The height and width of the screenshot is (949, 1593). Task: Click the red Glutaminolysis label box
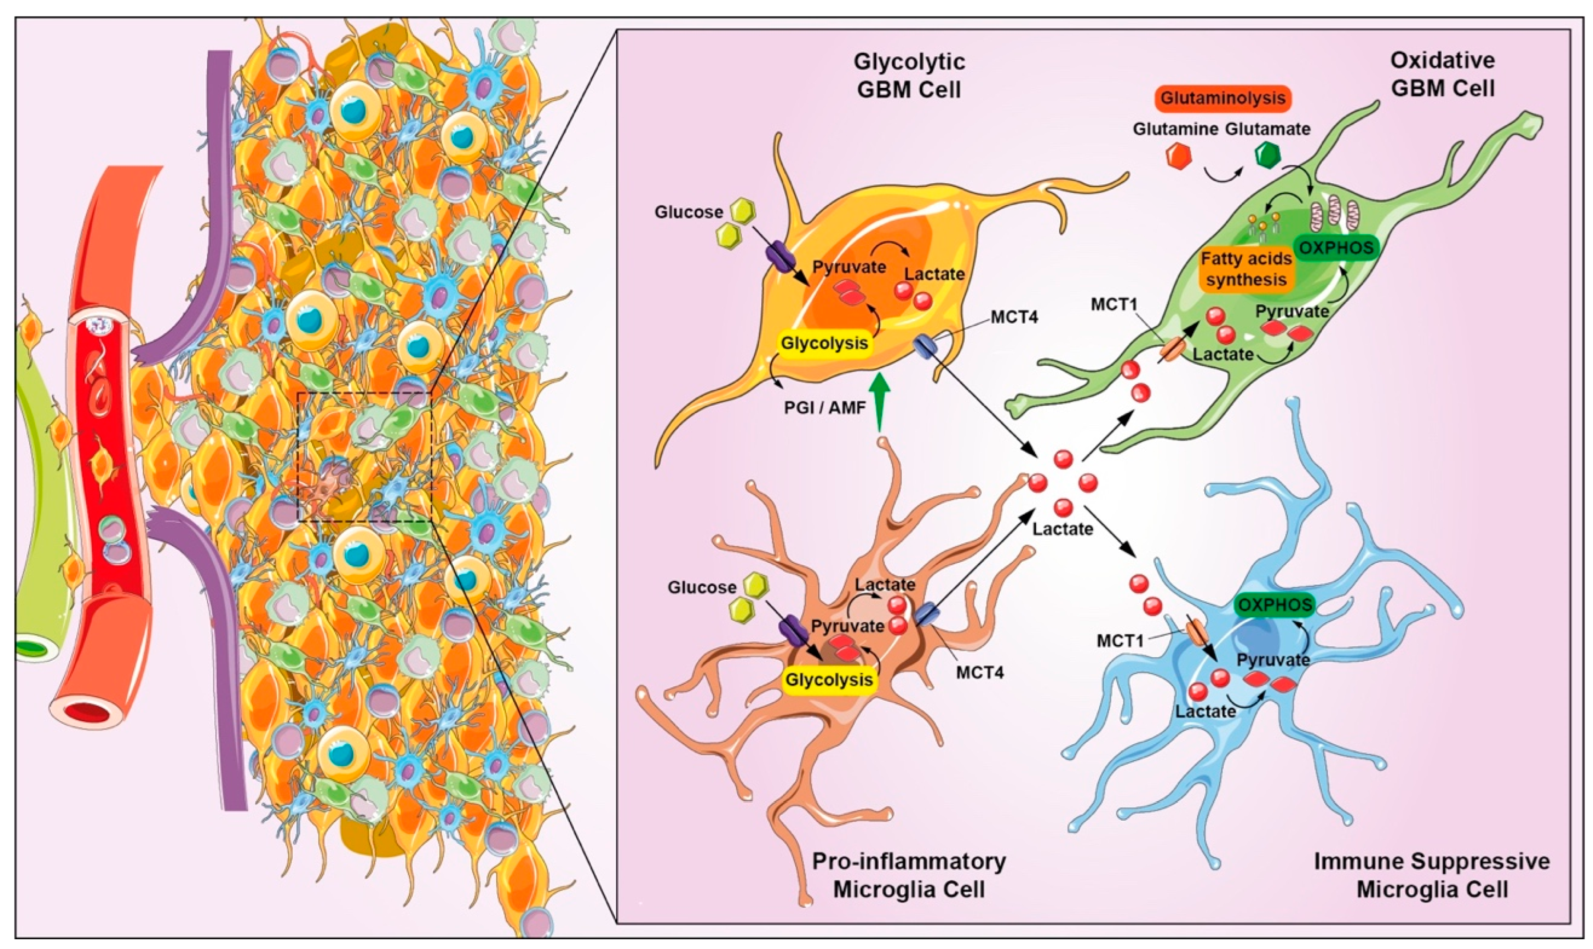point(1223,98)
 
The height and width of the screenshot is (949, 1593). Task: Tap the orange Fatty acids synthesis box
point(1246,269)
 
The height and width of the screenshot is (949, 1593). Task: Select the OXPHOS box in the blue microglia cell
point(1275,604)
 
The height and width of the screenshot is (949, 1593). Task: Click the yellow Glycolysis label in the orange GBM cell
point(824,343)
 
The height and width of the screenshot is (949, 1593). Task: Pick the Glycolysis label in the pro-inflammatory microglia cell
point(828,679)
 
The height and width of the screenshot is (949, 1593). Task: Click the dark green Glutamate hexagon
point(1268,156)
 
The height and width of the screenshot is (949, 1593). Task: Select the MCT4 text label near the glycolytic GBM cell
point(1015,316)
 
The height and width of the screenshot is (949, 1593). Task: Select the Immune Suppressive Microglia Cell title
point(1432,875)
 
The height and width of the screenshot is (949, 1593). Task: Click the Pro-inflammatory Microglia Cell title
point(908,875)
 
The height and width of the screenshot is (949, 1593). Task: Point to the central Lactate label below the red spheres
point(1062,529)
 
